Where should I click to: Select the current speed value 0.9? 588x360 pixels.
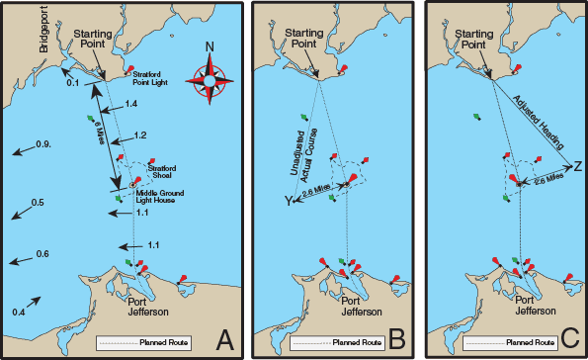[x=43, y=145]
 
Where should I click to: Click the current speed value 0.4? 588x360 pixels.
[x=18, y=313]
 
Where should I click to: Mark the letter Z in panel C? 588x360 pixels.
[x=577, y=164]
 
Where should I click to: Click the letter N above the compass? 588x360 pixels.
[x=211, y=47]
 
